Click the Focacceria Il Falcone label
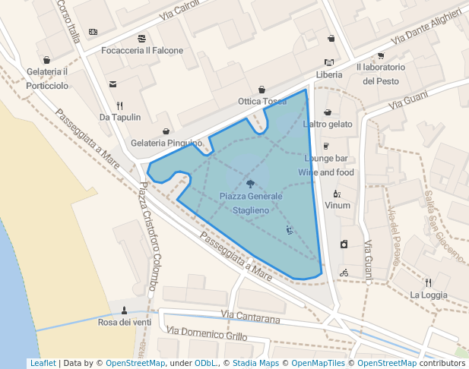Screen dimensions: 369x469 click(143, 50)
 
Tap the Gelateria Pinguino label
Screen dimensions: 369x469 click(166, 143)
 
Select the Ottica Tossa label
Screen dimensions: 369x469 click(262, 101)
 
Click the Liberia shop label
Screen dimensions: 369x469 click(329, 74)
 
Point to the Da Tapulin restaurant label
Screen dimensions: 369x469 click(120, 117)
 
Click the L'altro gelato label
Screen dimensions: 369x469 click(328, 124)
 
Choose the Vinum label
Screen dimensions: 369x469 click(337, 205)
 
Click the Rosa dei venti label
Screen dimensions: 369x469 click(125, 322)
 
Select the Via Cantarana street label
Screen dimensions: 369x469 click(250, 315)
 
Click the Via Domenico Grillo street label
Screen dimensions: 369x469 click(208, 333)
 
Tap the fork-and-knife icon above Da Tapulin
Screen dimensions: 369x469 click(120, 106)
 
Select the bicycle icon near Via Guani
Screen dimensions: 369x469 click(344, 272)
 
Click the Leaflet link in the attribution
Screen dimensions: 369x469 click(43, 363)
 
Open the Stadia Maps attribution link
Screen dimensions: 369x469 click(255, 363)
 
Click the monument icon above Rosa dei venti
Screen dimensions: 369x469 click(125, 310)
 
